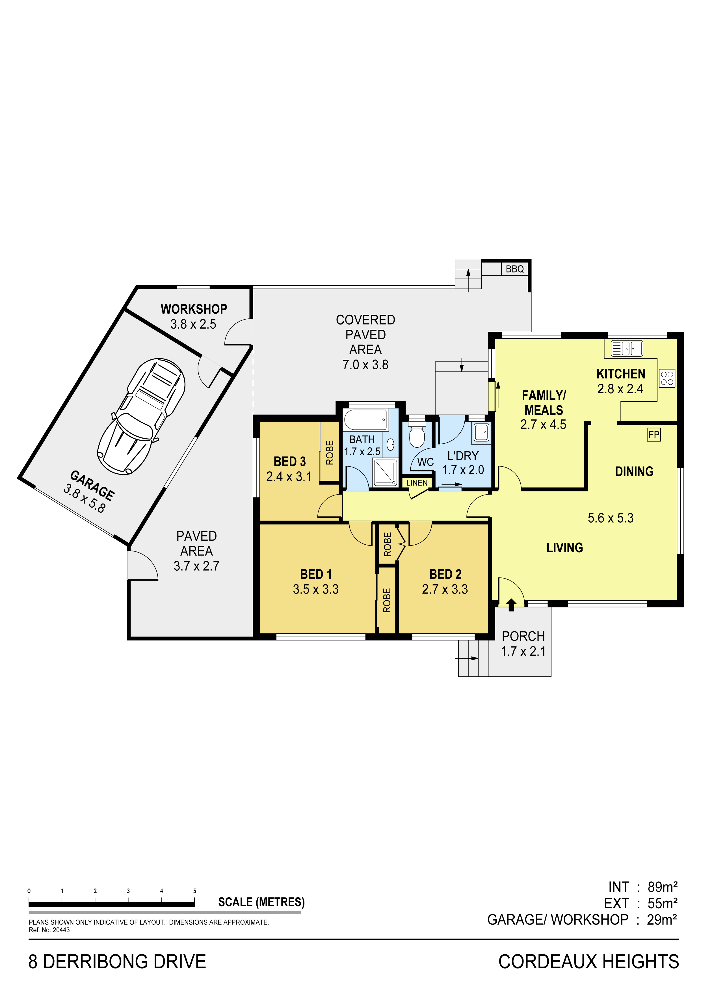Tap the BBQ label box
coord(515,269)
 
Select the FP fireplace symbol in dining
coord(654,435)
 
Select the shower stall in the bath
coord(385,472)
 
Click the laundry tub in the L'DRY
coord(482,432)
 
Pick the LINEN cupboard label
coord(417,483)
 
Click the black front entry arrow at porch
coord(511,604)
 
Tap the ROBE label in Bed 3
coord(330,452)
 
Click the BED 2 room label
coord(445,574)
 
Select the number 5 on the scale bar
coord(195,891)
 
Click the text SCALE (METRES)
coord(261,902)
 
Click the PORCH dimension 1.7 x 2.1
coord(523,651)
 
